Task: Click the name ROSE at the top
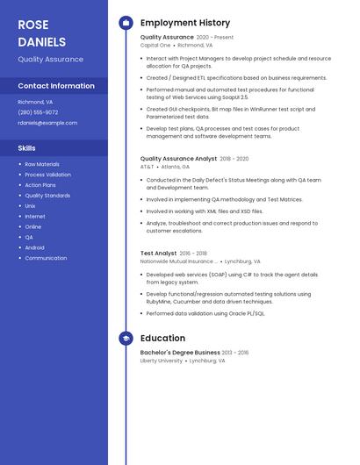click(x=33, y=25)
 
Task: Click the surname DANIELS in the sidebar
click(x=41, y=41)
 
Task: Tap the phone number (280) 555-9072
click(x=38, y=112)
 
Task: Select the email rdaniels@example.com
click(x=47, y=123)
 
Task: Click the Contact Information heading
click(x=56, y=86)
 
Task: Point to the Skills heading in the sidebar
click(x=27, y=148)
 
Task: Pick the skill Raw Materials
click(x=42, y=164)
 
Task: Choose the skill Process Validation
click(x=48, y=175)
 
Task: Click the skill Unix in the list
click(x=31, y=206)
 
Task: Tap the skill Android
click(x=35, y=247)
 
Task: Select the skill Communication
click(x=46, y=258)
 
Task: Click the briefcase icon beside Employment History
click(x=126, y=23)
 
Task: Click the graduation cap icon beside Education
click(x=126, y=338)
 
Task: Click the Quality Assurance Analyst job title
click(x=178, y=159)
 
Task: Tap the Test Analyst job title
click(x=158, y=254)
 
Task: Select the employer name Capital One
click(x=155, y=45)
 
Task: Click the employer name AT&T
click(x=147, y=167)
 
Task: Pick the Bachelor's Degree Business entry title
click(x=180, y=353)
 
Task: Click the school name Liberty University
click(x=162, y=361)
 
